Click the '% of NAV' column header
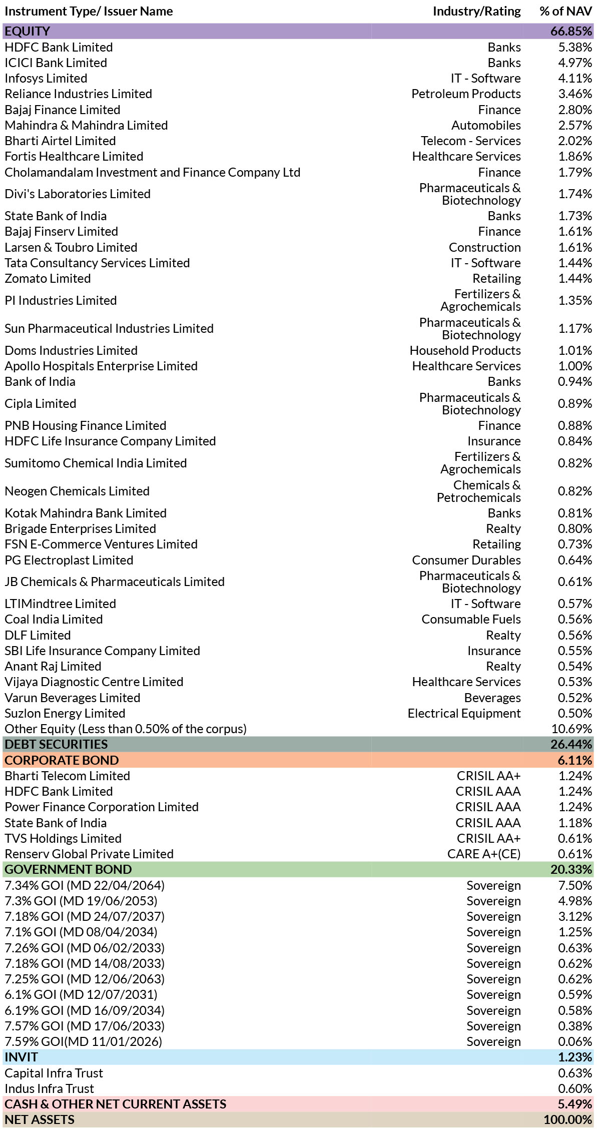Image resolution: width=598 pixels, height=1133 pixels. click(565, 12)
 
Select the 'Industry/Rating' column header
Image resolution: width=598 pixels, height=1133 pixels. click(476, 12)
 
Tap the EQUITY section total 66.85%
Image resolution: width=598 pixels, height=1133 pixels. click(571, 31)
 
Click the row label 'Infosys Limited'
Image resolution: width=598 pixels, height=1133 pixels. click(46, 79)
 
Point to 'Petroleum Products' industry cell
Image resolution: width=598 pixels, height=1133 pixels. click(466, 94)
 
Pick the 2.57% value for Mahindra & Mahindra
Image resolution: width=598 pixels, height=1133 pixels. click(575, 125)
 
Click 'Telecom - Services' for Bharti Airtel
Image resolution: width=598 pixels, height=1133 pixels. click(470, 141)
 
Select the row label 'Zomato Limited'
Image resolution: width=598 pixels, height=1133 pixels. click(48, 279)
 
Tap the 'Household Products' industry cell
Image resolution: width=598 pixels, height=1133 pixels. click(465, 351)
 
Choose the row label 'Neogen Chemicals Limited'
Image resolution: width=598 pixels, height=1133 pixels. click(77, 491)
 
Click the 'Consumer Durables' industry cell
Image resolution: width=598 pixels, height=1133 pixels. click(466, 560)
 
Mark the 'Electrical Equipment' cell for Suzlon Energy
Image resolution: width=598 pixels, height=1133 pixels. click(464, 714)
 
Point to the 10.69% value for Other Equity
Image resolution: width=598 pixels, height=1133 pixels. click(571, 729)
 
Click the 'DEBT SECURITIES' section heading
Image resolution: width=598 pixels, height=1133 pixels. click(56, 745)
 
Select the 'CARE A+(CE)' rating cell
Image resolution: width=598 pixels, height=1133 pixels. click(484, 854)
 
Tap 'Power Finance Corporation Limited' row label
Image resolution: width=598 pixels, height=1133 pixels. click(102, 807)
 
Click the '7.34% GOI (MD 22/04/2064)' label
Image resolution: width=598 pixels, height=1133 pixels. click(85, 886)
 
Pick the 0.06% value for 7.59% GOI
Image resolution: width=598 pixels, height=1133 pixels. click(575, 1042)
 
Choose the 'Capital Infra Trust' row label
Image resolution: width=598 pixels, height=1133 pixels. click(54, 1073)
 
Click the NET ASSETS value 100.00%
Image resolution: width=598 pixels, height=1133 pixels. click(568, 1120)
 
